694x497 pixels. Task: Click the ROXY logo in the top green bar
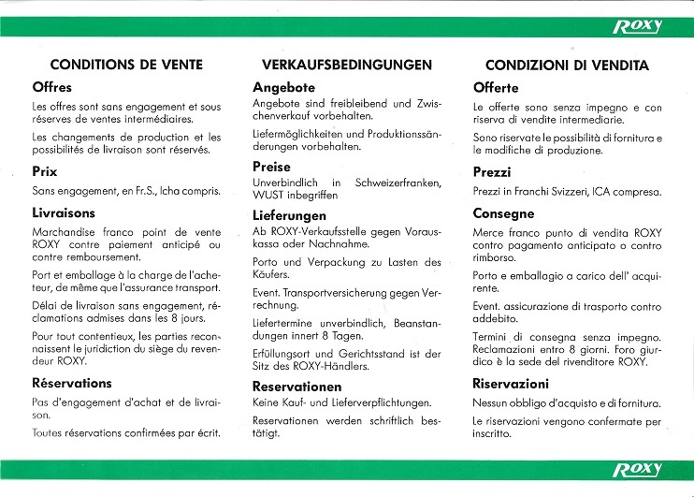pyautogui.click(x=638, y=26)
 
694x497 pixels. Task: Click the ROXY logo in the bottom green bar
pyautogui.click(x=638, y=469)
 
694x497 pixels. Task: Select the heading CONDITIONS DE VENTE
pyautogui.click(x=126, y=66)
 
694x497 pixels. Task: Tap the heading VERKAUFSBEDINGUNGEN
pyautogui.click(x=347, y=66)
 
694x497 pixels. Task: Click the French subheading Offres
pyautogui.click(x=52, y=87)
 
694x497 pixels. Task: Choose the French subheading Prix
pyautogui.click(x=45, y=172)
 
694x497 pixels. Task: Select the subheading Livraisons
pyautogui.click(x=64, y=212)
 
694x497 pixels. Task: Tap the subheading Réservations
pyautogui.click(x=72, y=383)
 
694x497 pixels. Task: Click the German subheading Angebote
pyautogui.click(x=284, y=87)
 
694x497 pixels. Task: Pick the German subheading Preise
pyautogui.click(x=271, y=167)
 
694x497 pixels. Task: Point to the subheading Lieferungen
pyautogui.click(x=289, y=214)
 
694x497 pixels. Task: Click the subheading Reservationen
pyautogui.click(x=297, y=386)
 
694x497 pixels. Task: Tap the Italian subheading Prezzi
pyautogui.click(x=493, y=173)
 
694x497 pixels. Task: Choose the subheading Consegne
pyautogui.click(x=503, y=213)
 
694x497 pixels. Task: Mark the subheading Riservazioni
pyautogui.click(x=511, y=384)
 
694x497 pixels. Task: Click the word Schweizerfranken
pyautogui.click(x=398, y=182)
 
